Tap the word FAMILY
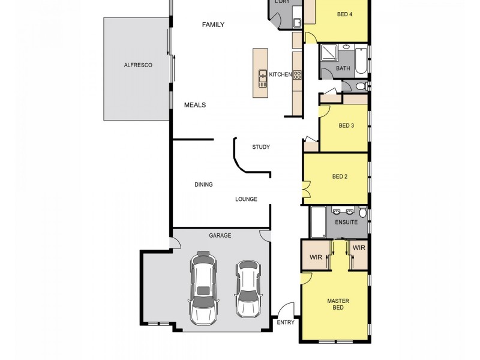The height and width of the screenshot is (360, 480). (x=213, y=25)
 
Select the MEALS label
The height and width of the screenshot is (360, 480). (x=194, y=105)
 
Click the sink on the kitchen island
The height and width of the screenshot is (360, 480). (x=262, y=78)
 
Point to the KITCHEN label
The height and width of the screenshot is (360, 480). (x=280, y=74)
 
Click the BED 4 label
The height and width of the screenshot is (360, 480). (x=344, y=14)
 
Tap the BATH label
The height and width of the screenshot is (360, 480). (x=343, y=68)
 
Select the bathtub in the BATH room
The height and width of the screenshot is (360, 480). (x=360, y=59)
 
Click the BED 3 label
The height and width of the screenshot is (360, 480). (x=346, y=125)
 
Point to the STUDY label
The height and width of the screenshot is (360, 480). (x=261, y=147)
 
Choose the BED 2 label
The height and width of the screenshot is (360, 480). (x=340, y=176)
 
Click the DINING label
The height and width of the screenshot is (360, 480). (x=203, y=185)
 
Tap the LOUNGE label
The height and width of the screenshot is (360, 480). (x=246, y=199)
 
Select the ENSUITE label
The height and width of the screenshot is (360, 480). (x=346, y=222)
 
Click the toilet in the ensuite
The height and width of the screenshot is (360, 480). (x=362, y=212)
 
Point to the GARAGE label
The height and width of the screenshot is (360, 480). (x=220, y=236)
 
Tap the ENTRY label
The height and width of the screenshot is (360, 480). (x=285, y=323)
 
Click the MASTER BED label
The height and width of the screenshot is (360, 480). (x=338, y=304)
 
